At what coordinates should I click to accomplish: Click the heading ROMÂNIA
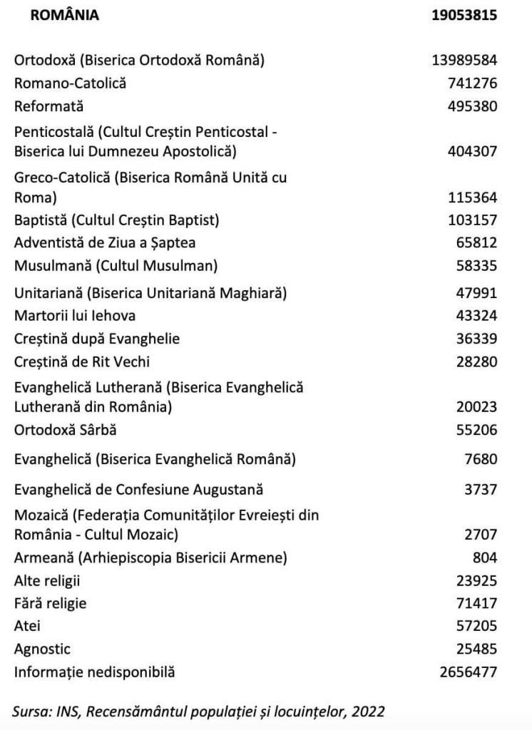click(65, 16)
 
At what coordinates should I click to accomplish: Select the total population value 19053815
click(464, 16)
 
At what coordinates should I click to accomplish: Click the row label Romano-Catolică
click(71, 83)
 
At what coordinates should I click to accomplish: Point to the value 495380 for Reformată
click(472, 106)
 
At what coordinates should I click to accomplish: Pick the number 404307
click(472, 152)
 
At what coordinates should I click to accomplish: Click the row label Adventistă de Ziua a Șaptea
click(105, 243)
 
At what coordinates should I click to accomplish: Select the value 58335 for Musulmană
click(476, 266)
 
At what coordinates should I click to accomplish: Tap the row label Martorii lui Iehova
click(75, 315)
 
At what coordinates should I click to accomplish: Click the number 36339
click(476, 339)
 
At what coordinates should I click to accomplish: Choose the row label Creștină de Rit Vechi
click(82, 361)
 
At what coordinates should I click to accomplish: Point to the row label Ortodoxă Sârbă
click(66, 430)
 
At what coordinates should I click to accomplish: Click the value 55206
click(476, 430)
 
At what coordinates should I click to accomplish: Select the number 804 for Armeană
click(484, 557)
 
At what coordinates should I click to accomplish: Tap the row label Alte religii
click(47, 580)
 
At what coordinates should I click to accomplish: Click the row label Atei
click(27, 626)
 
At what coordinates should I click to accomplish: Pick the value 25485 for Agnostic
click(476, 649)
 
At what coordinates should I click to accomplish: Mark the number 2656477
click(469, 672)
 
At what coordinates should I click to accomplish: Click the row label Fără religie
click(51, 603)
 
